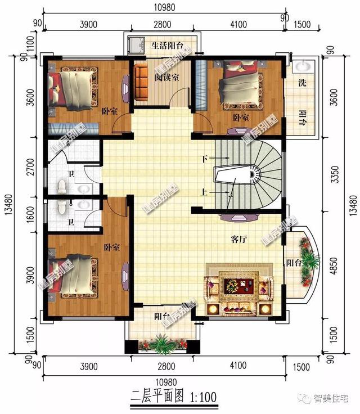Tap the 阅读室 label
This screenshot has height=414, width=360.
(167, 78)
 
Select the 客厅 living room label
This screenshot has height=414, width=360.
(239, 239)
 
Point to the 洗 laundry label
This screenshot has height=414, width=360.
(302, 83)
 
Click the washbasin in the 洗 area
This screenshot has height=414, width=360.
(302, 66)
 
